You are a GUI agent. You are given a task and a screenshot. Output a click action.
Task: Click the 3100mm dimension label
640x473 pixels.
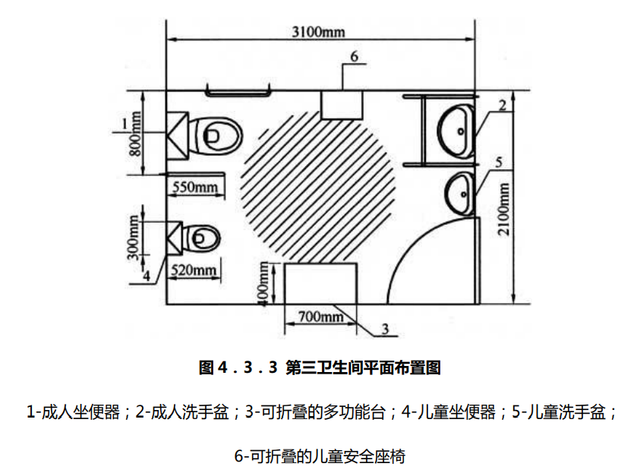click(318, 31)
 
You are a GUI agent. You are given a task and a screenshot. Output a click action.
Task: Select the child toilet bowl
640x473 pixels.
click(202, 238)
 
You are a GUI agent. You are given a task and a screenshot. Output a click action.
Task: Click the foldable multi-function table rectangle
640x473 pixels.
click(320, 283)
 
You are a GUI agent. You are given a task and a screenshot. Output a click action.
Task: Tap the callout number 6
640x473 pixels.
click(354, 55)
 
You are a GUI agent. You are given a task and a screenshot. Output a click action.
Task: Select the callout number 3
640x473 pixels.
click(384, 330)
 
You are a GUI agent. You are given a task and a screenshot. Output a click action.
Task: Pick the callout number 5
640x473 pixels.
click(498, 162)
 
